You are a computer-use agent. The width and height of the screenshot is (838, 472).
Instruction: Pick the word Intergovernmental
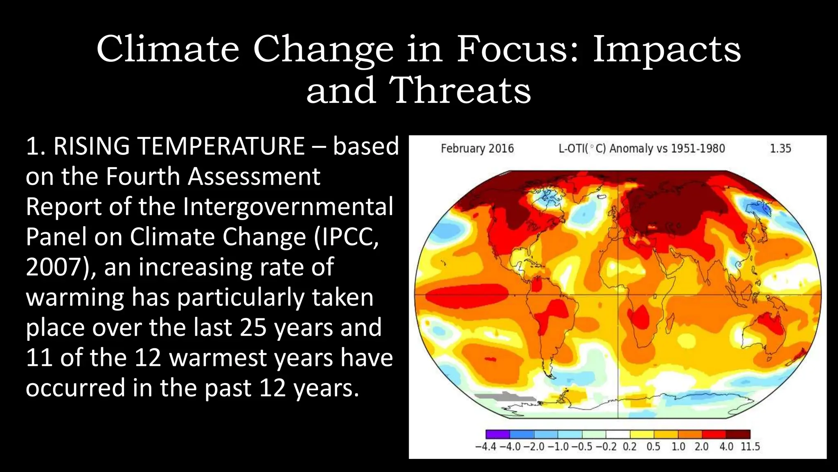click(288, 206)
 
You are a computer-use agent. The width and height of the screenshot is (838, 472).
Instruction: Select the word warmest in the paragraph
click(218, 358)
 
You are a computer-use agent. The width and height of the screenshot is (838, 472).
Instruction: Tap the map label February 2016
click(477, 148)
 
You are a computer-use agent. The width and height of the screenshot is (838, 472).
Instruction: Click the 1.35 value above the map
click(780, 148)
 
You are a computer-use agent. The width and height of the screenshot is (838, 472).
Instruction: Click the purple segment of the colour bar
click(498, 434)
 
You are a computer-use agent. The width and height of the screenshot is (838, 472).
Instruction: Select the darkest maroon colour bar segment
click(738, 434)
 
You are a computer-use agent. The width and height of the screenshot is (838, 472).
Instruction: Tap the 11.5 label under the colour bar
click(750, 447)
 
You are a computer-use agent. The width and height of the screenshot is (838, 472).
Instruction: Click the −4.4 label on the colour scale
click(486, 447)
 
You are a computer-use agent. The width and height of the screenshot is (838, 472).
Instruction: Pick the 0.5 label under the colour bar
click(653, 447)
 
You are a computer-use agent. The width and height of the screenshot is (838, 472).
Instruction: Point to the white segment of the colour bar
click(618, 434)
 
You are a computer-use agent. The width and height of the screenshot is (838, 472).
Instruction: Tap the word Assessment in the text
click(253, 177)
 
